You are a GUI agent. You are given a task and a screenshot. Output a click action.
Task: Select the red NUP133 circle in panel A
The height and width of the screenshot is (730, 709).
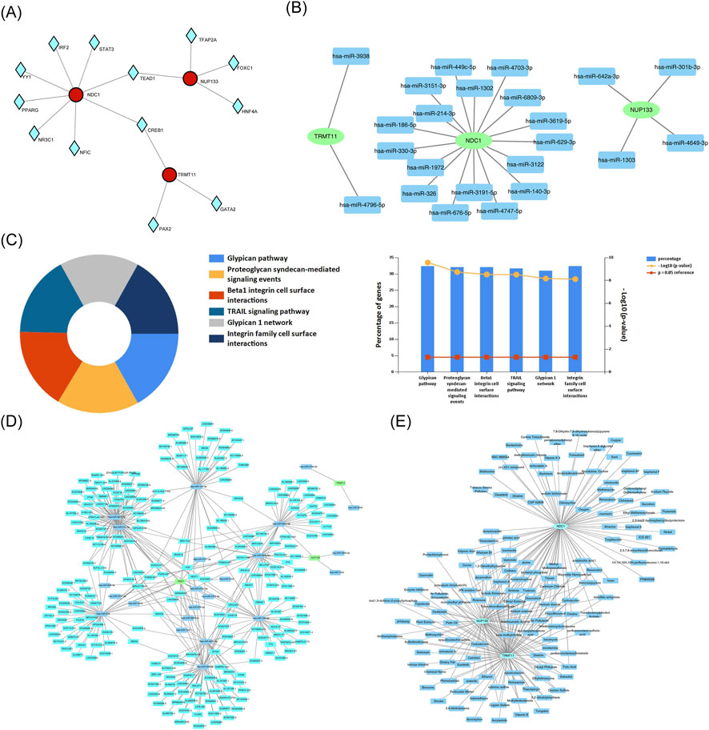tap(190, 78)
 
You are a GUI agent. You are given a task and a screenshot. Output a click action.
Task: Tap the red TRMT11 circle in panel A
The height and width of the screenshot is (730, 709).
tap(169, 174)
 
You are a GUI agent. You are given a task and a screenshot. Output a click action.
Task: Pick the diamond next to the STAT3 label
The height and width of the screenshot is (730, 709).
tap(94, 42)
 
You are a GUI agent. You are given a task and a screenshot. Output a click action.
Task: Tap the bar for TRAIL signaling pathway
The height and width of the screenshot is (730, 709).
tap(517, 319)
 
